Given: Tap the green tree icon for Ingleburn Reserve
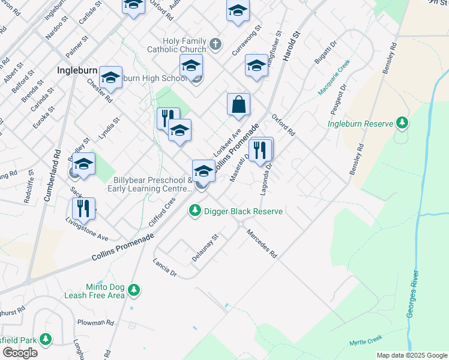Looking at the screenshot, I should pyautogui.click(x=402, y=124).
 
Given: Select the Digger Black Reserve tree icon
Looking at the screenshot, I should pyautogui.click(x=194, y=211).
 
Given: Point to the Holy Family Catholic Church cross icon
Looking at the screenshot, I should pyautogui.click(x=216, y=45).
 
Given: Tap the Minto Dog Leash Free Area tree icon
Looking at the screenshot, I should pyautogui.click(x=134, y=290).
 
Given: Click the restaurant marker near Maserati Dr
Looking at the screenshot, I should pyautogui.click(x=261, y=150).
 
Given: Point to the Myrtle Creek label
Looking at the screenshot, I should pyautogui.click(x=365, y=341).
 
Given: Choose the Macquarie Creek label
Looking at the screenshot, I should pyautogui.click(x=334, y=77).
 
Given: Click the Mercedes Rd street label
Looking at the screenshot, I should pyautogui.click(x=262, y=243).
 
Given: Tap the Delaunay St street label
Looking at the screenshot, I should pyautogui.click(x=205, y=244).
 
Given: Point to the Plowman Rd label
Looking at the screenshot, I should pyautogui.click(x=96, y=322).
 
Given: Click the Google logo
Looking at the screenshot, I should pyautogui.click(x=20, y=353).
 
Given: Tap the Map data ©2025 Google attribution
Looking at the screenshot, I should pyautogui.click(x=411, y=355).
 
